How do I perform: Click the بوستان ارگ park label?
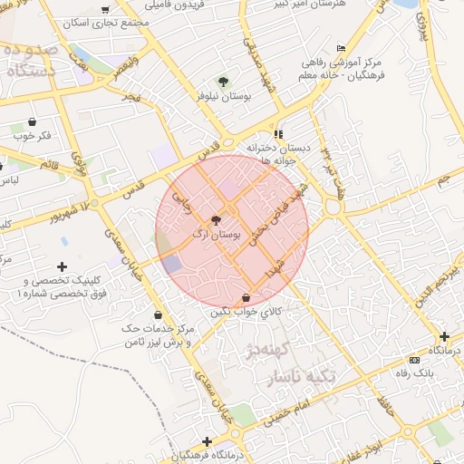(x=217, y=234)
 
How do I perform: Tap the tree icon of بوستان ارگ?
(x=216, y=220)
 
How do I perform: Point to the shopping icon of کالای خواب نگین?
(x=246, y=298)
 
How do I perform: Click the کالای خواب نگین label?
(x=246, y=312)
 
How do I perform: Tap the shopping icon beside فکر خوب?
(x=33, y=121)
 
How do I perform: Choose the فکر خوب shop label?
(x=32, y=135)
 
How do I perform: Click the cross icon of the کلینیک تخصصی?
(x=62, y=266)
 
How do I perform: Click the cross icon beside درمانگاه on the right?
(x=444, y=336)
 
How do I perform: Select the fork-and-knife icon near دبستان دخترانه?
(x=278, y=133)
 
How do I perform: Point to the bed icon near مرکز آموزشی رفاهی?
(x=341, y=48)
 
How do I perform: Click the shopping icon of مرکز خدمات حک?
(x=132, y=342)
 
